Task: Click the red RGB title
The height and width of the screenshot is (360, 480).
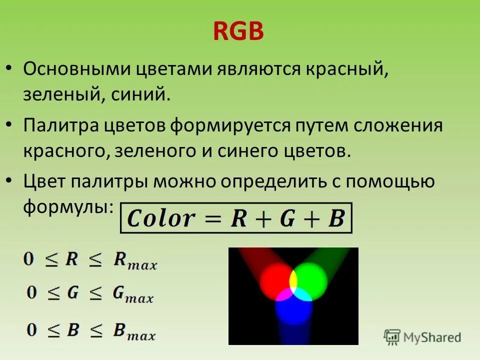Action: point(238,32)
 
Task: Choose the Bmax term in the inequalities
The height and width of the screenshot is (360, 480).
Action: point(134,330)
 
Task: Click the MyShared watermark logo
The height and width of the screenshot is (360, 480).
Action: point(422,337)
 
